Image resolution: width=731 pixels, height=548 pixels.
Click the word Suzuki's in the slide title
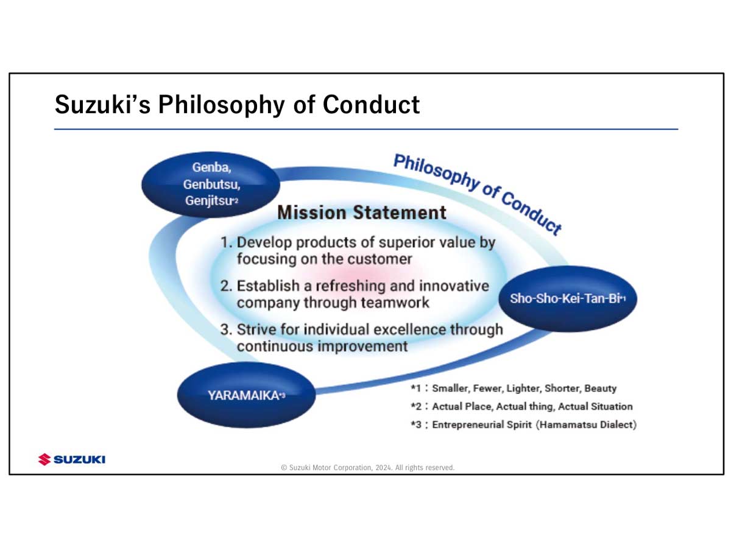click(102, 105)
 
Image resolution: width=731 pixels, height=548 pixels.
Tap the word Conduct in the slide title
click(371, 105)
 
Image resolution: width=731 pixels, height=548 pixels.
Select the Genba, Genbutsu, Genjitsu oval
click(211, 184)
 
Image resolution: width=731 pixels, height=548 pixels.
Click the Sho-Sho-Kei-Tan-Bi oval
click(568, 298)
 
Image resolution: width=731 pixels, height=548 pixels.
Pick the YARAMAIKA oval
click(247, 395)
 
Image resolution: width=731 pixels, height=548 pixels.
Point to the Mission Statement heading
click(362, 213)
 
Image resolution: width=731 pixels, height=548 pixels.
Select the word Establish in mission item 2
click(268, 286)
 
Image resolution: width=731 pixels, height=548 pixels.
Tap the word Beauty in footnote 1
click(601, 388)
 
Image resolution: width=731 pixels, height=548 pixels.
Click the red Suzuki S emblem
click(44, 460)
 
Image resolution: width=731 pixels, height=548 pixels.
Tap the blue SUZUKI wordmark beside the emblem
click(80, 460)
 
